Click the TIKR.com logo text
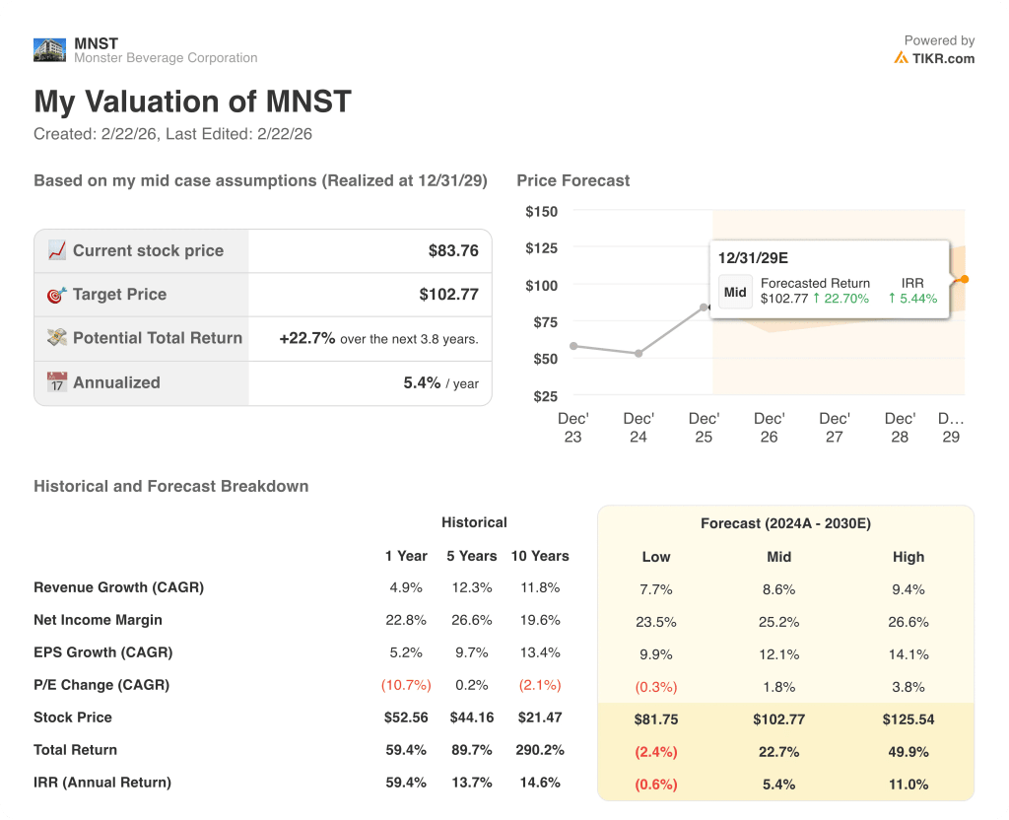(942, 58)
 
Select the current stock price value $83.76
(453, 251)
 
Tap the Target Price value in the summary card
(448, 295)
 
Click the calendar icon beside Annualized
(57, 382)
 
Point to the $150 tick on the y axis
(541, 211)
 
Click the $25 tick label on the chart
(545, 396)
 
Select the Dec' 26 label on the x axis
(769, 428)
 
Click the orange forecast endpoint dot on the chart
(964, 280)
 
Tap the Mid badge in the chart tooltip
(735, 292)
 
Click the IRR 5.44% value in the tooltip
(912, 298)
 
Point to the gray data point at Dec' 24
(639, 353)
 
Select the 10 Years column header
(539, 556)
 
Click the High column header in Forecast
(908, 557)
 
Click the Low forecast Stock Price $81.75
(655, 719)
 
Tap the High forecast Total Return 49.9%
(908, 752)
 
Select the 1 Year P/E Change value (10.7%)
(403, 685)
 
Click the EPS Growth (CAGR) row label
(102, 652)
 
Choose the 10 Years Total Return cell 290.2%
(539, 750)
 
